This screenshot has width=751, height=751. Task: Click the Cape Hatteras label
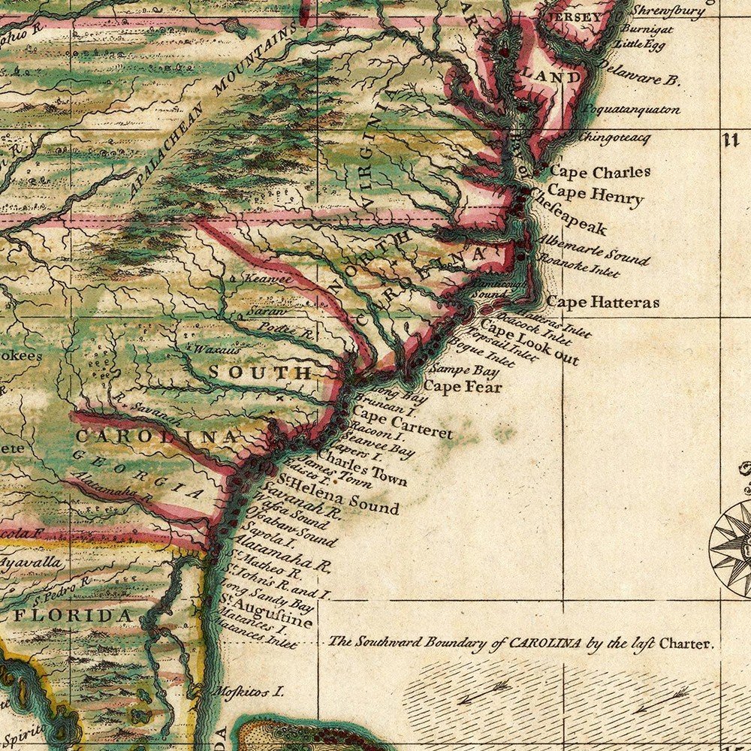click(602, 303)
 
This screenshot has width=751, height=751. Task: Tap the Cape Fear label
click(463, 387)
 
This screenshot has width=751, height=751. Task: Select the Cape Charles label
click(600, 172)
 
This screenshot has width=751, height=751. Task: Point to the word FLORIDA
click(76, 617)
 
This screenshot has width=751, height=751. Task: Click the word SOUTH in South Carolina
click(259, 372)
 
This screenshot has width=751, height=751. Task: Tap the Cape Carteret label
click(402, 424)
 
